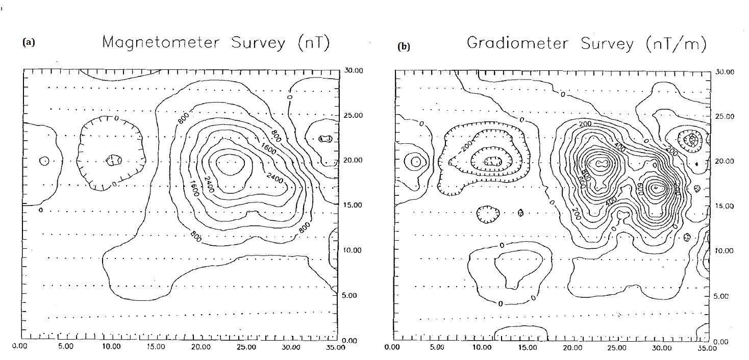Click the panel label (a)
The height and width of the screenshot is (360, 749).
point(29,42)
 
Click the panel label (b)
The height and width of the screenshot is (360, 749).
point(403,47)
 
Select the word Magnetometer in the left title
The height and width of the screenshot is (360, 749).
point(157,43)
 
